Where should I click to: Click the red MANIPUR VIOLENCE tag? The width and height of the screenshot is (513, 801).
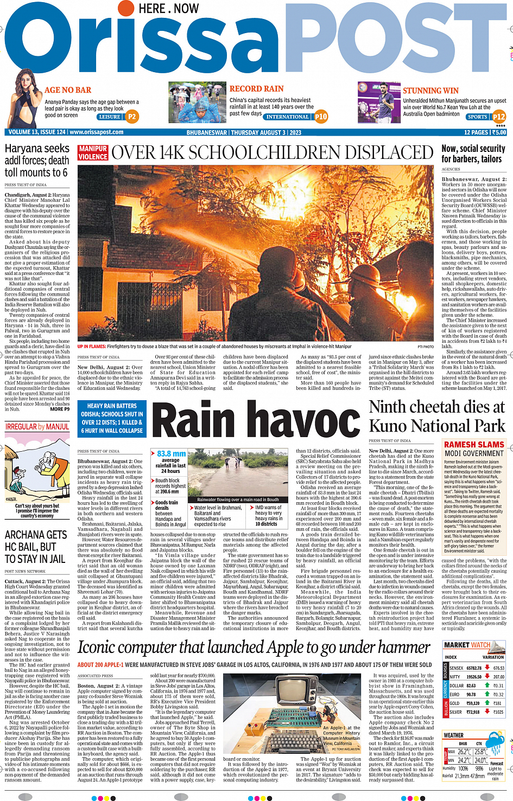[93, 153]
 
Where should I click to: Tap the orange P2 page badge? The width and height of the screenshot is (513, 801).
[131, 117]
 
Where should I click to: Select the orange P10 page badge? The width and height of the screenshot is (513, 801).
[321, 116]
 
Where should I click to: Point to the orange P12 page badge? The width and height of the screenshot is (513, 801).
[498, 117]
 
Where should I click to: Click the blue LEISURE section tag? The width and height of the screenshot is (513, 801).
[110, 117]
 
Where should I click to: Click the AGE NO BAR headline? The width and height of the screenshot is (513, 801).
[68, 90]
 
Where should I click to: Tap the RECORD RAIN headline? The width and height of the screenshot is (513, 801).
[256, 88]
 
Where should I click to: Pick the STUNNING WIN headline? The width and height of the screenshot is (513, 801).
[430, 91]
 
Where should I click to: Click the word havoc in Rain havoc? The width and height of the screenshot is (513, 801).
[307, 421]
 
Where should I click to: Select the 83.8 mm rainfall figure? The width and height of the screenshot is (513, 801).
[171, 453]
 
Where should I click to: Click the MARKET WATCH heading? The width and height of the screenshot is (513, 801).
[467, 645]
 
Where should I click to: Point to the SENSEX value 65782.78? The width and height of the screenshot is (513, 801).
[473, 668]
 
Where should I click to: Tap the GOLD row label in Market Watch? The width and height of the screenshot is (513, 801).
[454, 703]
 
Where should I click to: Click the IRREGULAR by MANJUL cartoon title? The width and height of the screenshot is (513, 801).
[37, 427]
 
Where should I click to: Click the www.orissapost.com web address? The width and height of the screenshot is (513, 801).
[97, 132]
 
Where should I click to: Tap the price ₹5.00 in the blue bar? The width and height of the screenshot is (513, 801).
[498, 132]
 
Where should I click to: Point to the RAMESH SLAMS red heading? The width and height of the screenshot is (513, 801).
[474, 445]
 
